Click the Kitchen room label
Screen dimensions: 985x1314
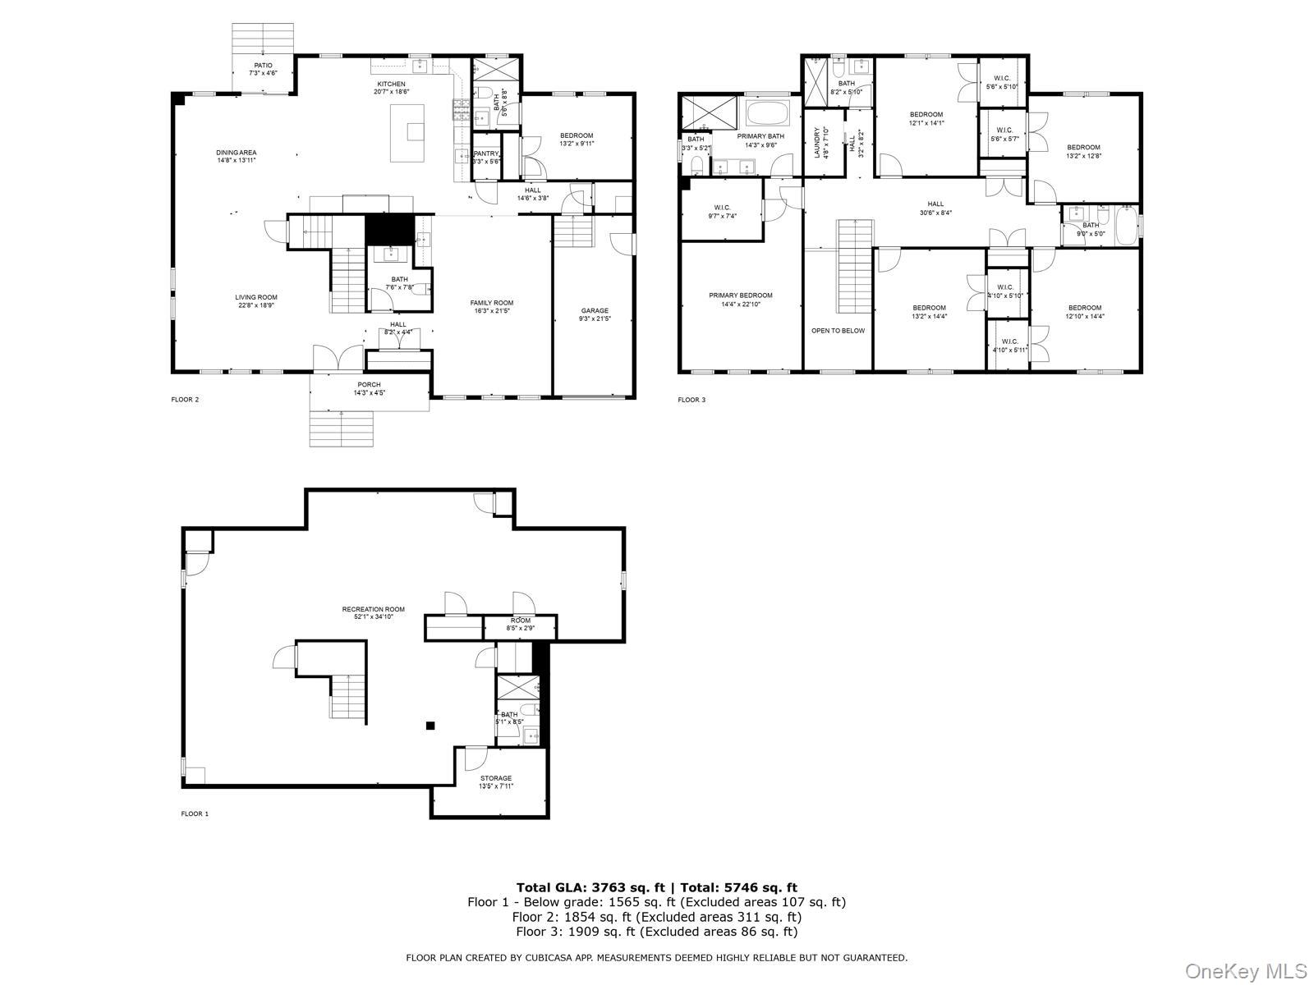(x=391, y=84)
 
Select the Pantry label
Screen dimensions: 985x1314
(x=486, y=153)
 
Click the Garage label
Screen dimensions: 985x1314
(x=595, y=310)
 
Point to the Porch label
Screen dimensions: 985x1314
(x=369, y=384)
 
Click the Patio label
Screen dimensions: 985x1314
(x=263, y=65)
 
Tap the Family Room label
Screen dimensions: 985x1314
(x=492, y=303)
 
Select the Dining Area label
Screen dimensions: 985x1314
(x=237, y=152)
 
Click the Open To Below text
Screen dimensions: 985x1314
(x=838, y=331)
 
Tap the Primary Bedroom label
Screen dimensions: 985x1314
(x=741, y=295)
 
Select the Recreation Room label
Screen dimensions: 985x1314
(x=373, y=609)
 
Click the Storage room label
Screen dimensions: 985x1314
(x=495, y=778)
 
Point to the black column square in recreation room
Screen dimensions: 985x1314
(x=430, y=725)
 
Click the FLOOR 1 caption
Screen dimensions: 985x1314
(x=195, y=813)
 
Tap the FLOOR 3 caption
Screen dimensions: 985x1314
(x=691, y=400)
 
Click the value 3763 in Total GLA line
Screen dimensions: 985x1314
(x=606, y=887)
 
